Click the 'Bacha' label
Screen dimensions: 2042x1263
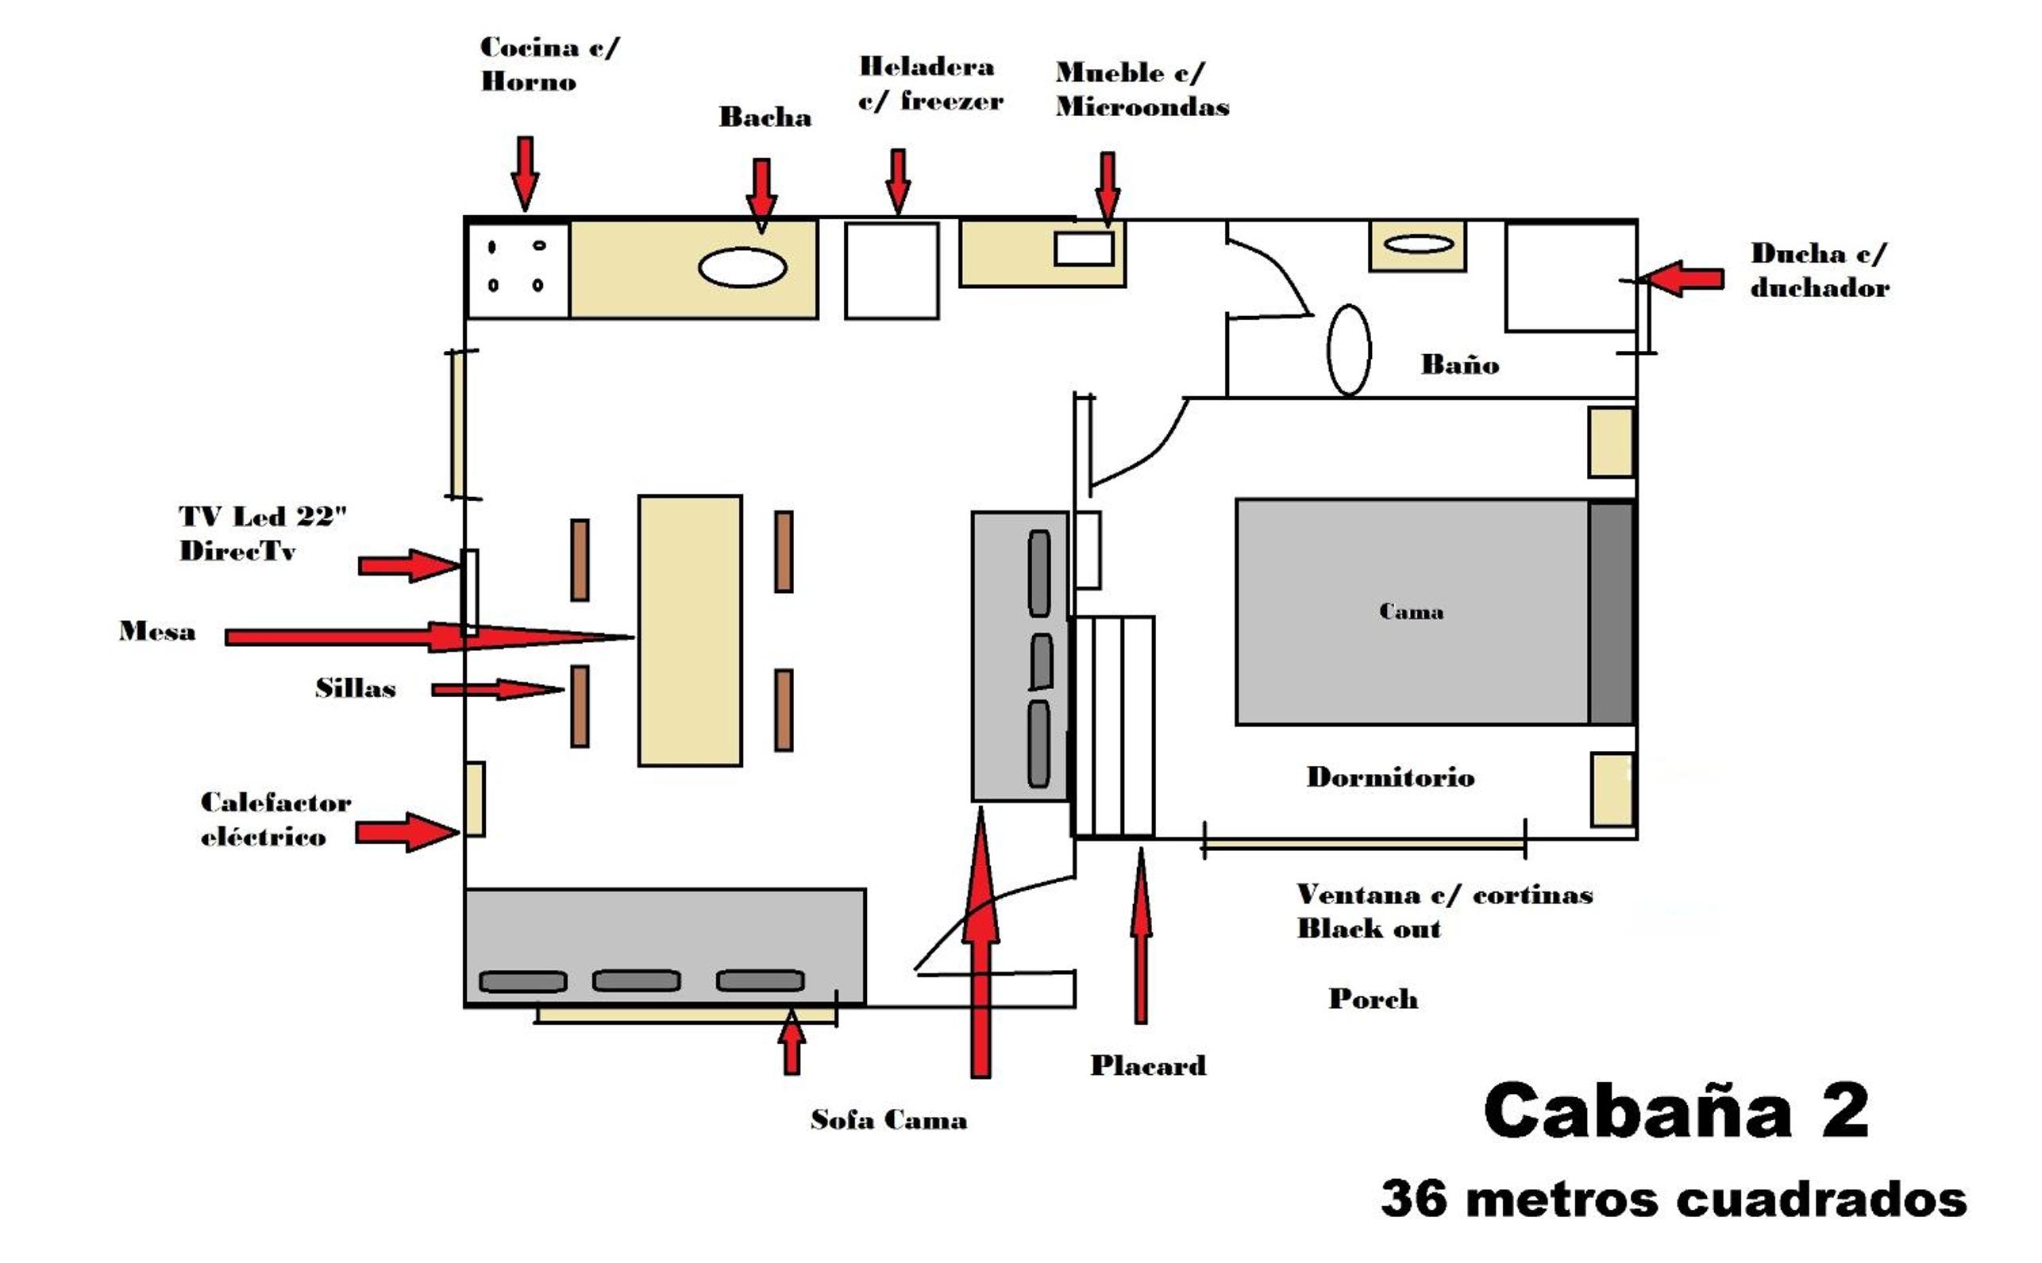tap(765, 117)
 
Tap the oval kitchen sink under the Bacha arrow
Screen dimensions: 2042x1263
tap(742, 268)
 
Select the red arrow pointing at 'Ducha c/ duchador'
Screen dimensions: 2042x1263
tap(1681, 278)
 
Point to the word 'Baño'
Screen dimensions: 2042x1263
tap(1460, 364)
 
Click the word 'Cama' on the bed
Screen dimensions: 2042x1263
tap(1412, 611)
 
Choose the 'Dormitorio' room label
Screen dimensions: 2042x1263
tap(1390, 777)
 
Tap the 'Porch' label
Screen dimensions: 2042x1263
tap(1373, 998)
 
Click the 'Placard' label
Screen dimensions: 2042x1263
tap(1148, 1065)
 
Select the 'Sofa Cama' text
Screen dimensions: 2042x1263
tap(888, 1119)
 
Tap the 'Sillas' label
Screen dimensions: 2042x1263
tap(355, 688)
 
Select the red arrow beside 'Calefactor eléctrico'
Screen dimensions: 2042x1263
tap(407, 832)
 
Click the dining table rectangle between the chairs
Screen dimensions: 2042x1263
tap(690, 630)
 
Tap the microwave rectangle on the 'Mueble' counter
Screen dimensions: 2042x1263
tap(1084, 248)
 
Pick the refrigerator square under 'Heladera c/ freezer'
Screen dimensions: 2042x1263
tap(892, 270)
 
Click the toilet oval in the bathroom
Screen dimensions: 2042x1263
tap(1349, 349)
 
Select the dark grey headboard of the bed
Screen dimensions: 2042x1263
tap(1611, 612)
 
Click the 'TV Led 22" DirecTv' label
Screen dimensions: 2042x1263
tap(262, 533)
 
